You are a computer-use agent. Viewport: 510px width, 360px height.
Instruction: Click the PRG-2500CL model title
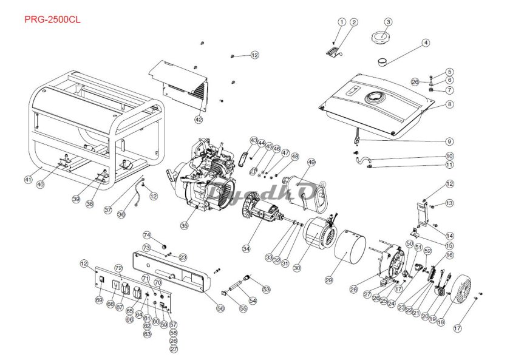(x=52, y=19)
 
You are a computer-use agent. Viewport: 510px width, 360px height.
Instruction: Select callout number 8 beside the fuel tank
(x=449, y=104)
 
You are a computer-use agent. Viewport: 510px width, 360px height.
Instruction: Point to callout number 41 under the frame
(x=28, y=179)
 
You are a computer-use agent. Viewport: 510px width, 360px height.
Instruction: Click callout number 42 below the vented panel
(x=199, y=120)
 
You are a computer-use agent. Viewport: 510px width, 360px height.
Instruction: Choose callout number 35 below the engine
(x=185, y=225)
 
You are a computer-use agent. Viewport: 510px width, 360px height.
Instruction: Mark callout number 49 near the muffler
(x=311, y=162)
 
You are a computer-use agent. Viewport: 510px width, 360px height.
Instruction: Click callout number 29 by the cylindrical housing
(x=329, y=280)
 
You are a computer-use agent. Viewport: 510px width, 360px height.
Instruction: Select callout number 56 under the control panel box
(x=220, y=308)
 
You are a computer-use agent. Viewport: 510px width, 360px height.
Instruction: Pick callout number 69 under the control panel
(x=99, y=300)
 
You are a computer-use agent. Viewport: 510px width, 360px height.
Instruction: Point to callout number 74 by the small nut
(x=147, y=235)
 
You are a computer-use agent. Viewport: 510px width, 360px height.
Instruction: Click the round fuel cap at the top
(x=381, y=36)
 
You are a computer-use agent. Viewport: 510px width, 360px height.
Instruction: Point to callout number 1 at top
(x=342, y=22)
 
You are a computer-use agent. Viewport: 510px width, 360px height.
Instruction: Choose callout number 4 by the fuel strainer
(x=426, y=42)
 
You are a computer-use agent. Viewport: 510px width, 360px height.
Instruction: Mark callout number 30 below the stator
(x=297, y=267)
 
